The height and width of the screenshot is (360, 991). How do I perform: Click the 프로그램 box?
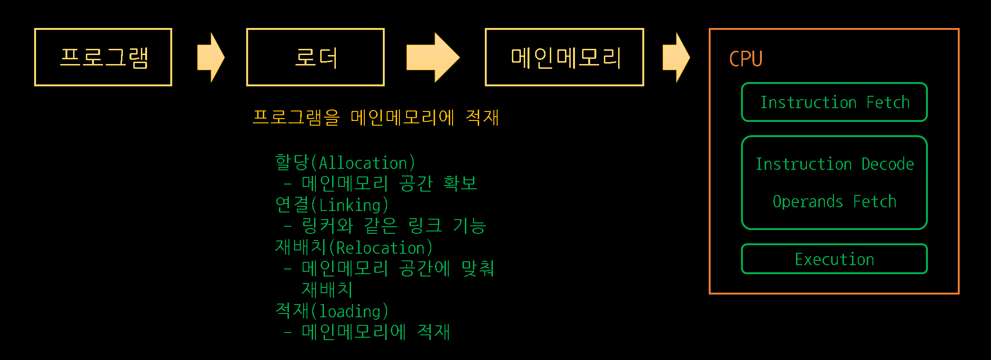[103, 57]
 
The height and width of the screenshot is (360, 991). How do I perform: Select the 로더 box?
[315, 57]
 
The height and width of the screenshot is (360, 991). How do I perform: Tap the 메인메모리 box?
[564, 57]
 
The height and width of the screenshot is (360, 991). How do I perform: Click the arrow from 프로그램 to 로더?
[210, 57]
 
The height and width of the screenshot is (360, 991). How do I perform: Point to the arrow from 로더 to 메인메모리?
[433, 57]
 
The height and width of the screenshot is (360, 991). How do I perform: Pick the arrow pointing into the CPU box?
[676, 57]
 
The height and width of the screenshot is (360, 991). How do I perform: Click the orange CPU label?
[746, 59]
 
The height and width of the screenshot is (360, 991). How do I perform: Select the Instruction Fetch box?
[834, 102]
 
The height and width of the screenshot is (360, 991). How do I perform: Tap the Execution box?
[834, 259]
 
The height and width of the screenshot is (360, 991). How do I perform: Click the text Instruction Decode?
[834, 164]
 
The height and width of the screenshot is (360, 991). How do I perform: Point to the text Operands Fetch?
[834, 202]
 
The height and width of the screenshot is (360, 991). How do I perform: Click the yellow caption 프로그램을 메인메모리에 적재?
[375, 117]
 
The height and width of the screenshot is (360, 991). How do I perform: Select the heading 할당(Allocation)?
[345, 163]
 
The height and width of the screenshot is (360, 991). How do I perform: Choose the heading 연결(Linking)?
[332, 205]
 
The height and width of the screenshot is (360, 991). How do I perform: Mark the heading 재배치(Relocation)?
[353, 248]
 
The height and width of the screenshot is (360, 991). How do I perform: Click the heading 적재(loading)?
[332, 311]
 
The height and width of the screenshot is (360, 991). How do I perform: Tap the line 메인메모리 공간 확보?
[389, 184]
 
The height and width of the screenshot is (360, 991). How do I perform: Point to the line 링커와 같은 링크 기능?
[394, 226]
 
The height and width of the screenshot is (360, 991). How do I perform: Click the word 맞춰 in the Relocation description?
[478, 268]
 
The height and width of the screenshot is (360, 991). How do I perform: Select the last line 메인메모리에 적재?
[375, 332]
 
